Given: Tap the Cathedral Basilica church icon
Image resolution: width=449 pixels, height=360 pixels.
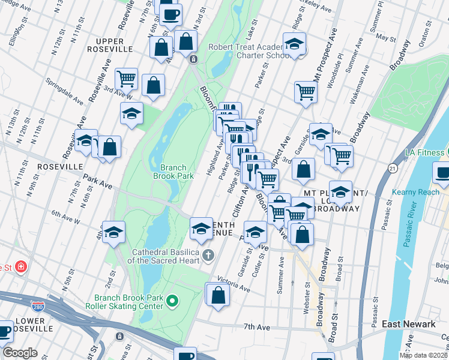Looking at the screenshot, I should tap(208, 256).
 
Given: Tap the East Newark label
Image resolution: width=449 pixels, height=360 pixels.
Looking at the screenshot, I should tap(409, 324).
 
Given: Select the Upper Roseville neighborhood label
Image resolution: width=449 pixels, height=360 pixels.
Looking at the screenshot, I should tap(113, 44).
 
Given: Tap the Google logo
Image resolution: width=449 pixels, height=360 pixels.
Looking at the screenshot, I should tap(19, 353).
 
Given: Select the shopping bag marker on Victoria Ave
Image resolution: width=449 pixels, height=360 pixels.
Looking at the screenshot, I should tap(218, 295).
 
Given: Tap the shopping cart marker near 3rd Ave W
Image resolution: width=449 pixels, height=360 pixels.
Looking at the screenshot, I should tap(127, 78).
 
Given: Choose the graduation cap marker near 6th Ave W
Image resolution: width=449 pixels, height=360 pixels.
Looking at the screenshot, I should tap(113, 233).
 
